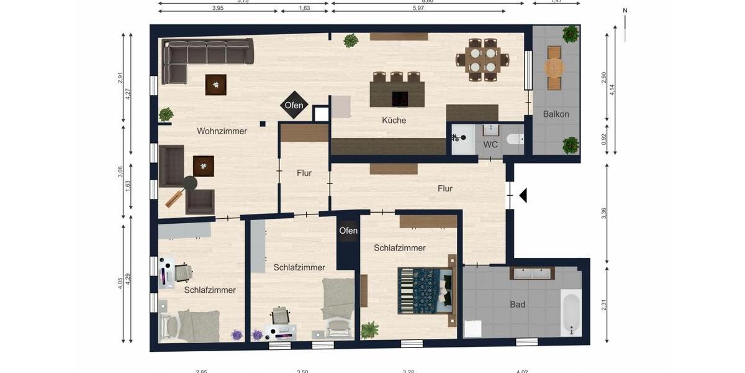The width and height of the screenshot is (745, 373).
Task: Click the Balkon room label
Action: coord(556,114)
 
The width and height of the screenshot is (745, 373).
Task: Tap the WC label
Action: coord(490,145)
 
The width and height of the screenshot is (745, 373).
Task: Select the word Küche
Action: coord(394,121)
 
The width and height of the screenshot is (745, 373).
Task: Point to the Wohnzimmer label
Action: coord(222,131)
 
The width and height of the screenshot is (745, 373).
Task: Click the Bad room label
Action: coord(517,305)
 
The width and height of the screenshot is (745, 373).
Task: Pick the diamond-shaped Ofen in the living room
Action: coord(294,105)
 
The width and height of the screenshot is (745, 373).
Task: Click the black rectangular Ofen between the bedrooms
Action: coord(348,231)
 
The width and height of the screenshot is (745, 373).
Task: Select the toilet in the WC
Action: coord(515,139)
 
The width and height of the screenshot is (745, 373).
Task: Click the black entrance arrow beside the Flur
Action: coord(523,196)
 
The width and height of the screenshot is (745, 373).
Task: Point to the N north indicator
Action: coord(625,11)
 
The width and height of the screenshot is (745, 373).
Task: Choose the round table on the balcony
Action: coord(554,67)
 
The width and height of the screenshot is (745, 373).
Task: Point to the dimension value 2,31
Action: coord(603,305)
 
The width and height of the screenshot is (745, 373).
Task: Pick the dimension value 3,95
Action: coord(217,9)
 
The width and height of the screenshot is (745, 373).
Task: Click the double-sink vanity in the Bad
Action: coord(531,273)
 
